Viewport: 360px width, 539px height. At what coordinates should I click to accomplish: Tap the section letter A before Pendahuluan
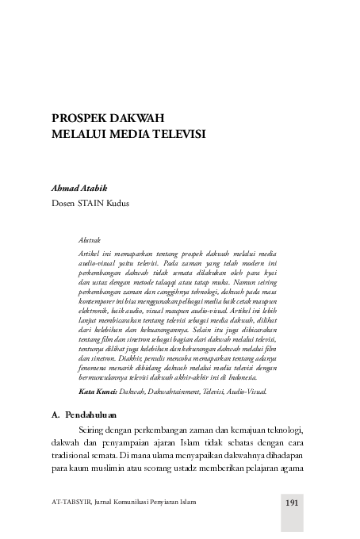tap(55, 414)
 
